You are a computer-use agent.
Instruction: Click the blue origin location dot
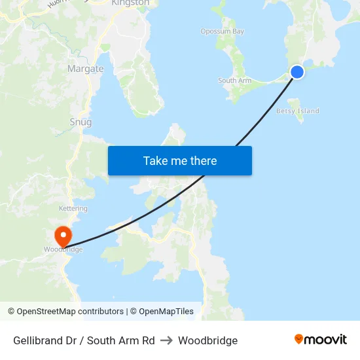[297, 72]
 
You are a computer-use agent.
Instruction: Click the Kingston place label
[130, 3]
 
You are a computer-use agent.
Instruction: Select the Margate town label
[86, 69]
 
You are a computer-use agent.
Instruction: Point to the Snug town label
[81, 122]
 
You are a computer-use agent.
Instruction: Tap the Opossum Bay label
[222, 31]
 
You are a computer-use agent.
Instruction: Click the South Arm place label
[234, 81]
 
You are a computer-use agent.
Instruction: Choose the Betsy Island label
[298, 111]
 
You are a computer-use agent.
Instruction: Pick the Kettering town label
[73, 209]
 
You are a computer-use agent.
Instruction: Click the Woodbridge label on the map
[63, 250]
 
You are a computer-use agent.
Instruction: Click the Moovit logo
[321, 340]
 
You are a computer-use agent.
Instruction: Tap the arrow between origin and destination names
[166, 340]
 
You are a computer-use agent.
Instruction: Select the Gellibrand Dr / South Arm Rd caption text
[84, 340]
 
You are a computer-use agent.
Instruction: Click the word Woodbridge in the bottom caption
[207, 340]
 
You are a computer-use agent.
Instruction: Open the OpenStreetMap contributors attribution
[70, 312]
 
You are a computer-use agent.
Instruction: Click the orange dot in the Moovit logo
[299, 339]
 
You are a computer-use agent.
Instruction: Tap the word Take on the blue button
[156, 161]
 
